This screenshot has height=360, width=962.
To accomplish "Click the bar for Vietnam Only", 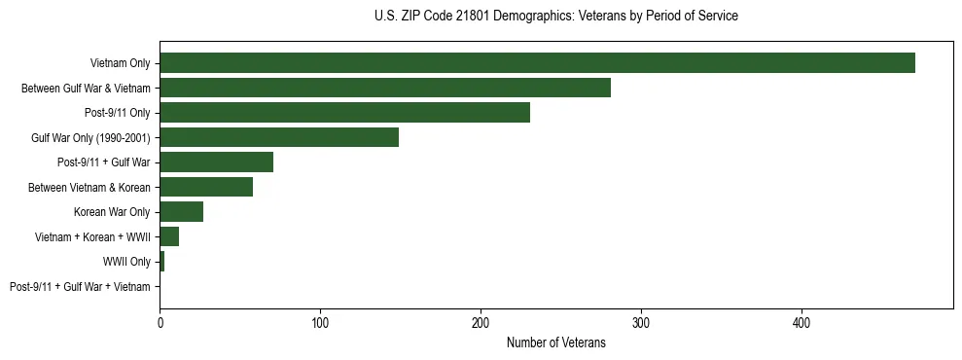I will pos(537,63).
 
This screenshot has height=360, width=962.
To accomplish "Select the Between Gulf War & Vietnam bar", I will pos(385,88).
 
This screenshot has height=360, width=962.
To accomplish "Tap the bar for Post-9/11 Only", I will pos(344,113).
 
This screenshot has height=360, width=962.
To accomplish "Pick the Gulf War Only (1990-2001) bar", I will pos(279,137).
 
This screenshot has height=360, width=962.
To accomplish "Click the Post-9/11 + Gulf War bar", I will pos(216,162).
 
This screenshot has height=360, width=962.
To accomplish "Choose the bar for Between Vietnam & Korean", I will pos(206,187).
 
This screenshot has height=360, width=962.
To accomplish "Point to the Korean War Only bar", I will pos(181,212).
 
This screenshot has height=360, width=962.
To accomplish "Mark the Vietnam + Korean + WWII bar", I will pos(169,236).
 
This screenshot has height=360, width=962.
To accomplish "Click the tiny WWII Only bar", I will pos(161,262).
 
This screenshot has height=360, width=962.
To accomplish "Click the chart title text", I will pos(555,17).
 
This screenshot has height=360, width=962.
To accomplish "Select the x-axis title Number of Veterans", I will pos(555,342).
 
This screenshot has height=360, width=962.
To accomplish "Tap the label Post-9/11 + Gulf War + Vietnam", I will pos(80,286).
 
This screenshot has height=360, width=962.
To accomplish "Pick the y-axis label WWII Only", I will pos(126,262).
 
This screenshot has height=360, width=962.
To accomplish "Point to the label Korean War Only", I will pos(112,212).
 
